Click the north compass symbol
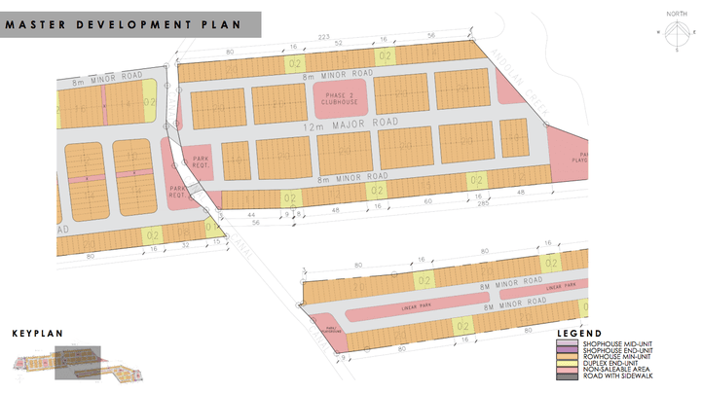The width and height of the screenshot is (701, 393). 671,32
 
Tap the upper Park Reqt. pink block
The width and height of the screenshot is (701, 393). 201,161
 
